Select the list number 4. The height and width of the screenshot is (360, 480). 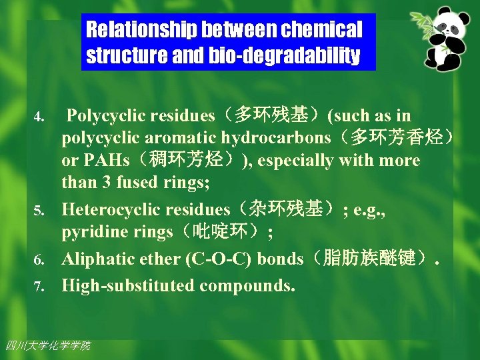39,118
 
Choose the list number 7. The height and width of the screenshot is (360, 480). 39,287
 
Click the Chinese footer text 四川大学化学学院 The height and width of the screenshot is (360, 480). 47,345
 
